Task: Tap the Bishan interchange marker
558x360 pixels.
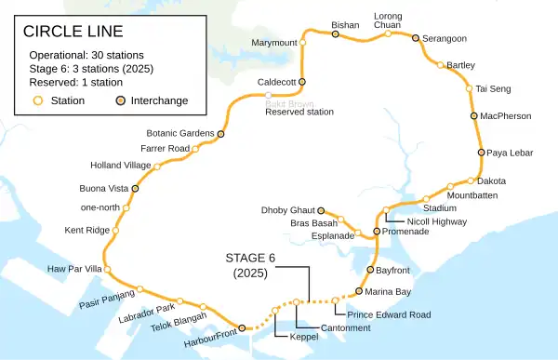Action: pyautogui.click(x=335, y=33)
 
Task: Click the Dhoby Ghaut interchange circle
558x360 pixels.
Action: pyautogui.click(x=322, y=210)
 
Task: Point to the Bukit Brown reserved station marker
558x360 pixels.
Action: pyautogui.click(x=269, y=95)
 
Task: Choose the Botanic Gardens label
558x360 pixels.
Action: pyautogui.click(x=180, y=134)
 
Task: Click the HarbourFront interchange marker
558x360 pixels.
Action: pyautogui.click(x=242, y=328)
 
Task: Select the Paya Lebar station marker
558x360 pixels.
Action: pyautogui.click(x=481, y=152)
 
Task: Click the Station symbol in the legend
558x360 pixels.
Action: pyautogui.click(x=38, y=100)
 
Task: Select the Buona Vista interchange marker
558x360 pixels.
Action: pyautogui.click(x=136, y=188)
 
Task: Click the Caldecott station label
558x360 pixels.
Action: pyautogui.click(x=276, y=82)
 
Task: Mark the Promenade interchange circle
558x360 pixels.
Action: pyautogui.click(x=377, y=231)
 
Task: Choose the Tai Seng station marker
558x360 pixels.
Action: pyautogui.click(x=470, y=88)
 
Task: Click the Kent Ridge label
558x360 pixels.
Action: pyautogui.click(x=86, y=229)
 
